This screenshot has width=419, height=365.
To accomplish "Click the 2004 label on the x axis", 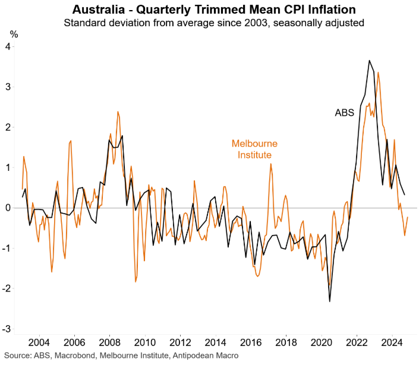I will click(x=39, y=343).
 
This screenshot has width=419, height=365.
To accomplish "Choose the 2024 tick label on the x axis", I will click(x=390, y=343).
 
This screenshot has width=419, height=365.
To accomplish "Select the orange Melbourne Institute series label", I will click(x=254, y=150).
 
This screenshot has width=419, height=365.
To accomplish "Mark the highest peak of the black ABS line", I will click(x=369, y=61).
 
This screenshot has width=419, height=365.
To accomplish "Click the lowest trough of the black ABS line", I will click(x=330, y=301).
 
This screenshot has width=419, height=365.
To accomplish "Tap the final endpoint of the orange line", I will click(x=408, y=217).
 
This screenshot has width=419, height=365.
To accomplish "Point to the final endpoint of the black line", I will click(x=405, y=195).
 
